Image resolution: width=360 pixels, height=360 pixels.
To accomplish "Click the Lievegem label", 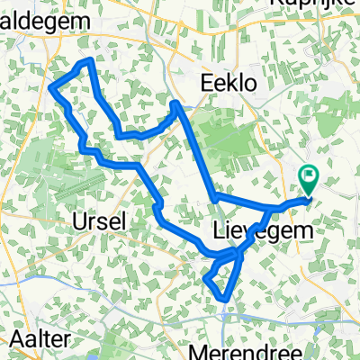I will [265, 230].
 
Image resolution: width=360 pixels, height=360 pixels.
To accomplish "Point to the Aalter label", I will [40, 339].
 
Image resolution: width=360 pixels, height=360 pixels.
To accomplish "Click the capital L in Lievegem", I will [220, 230].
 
